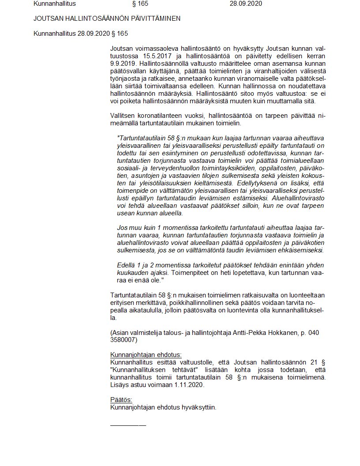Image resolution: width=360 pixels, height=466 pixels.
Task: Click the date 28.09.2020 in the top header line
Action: pyautogui.click(x=246, y=4)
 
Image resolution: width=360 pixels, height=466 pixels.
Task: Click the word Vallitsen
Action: pyautogui.click(x=123, y=116)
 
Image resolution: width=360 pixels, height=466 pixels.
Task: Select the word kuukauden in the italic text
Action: pyautogui.click(x=131, y=274)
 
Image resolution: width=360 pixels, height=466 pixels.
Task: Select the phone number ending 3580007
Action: pyautogui.click(x=124, y=340)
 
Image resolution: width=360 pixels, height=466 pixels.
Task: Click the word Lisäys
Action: pyautogui.click(x=119, y=385)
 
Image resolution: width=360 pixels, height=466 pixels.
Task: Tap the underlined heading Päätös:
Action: pyautogui.click(x=120, y=400)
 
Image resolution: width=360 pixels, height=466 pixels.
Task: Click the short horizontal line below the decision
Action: pyautogui.click(x=128, y=425)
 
